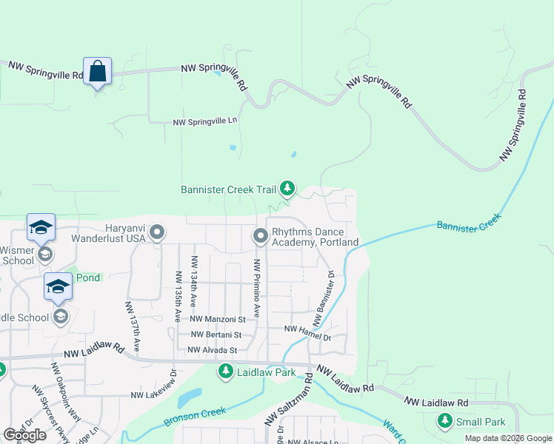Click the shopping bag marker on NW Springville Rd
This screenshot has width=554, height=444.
97,72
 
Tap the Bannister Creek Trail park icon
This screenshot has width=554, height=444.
287,189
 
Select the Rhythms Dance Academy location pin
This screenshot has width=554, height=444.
260,236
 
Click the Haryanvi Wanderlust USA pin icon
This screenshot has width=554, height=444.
156,233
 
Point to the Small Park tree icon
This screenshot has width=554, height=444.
444,422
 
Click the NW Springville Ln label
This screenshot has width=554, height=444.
205,121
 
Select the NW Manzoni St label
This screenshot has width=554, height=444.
218,320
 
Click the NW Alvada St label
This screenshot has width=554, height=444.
212,350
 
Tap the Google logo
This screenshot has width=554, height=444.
24,435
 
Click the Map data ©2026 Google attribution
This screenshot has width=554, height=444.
508,438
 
